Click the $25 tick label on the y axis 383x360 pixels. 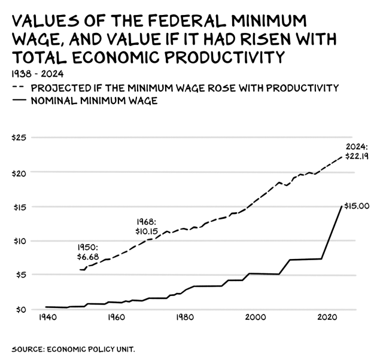point(19,138)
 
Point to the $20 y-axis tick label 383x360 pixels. point(19,172)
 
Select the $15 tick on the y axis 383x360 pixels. point(19,206)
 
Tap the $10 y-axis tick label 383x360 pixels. point(19,240)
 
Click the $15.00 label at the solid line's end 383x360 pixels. point(357,206)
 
